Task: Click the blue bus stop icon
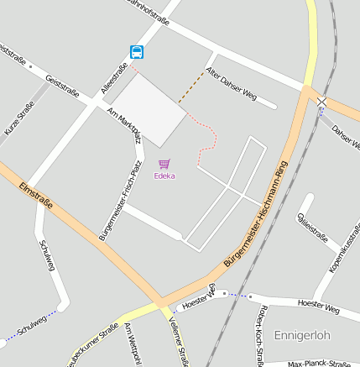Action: click(x=137, y=52)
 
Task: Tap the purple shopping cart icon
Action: click(x=164, y=165)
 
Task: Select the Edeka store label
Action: click(x=164, y=176)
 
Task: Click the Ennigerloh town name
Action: click(x=302, y=334)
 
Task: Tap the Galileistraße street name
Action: click(x=312, y=226)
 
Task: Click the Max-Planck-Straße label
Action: click(x=319, y=364)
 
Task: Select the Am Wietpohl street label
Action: click(x=131, y=345)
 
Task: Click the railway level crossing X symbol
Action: click(x=322, y=102)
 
